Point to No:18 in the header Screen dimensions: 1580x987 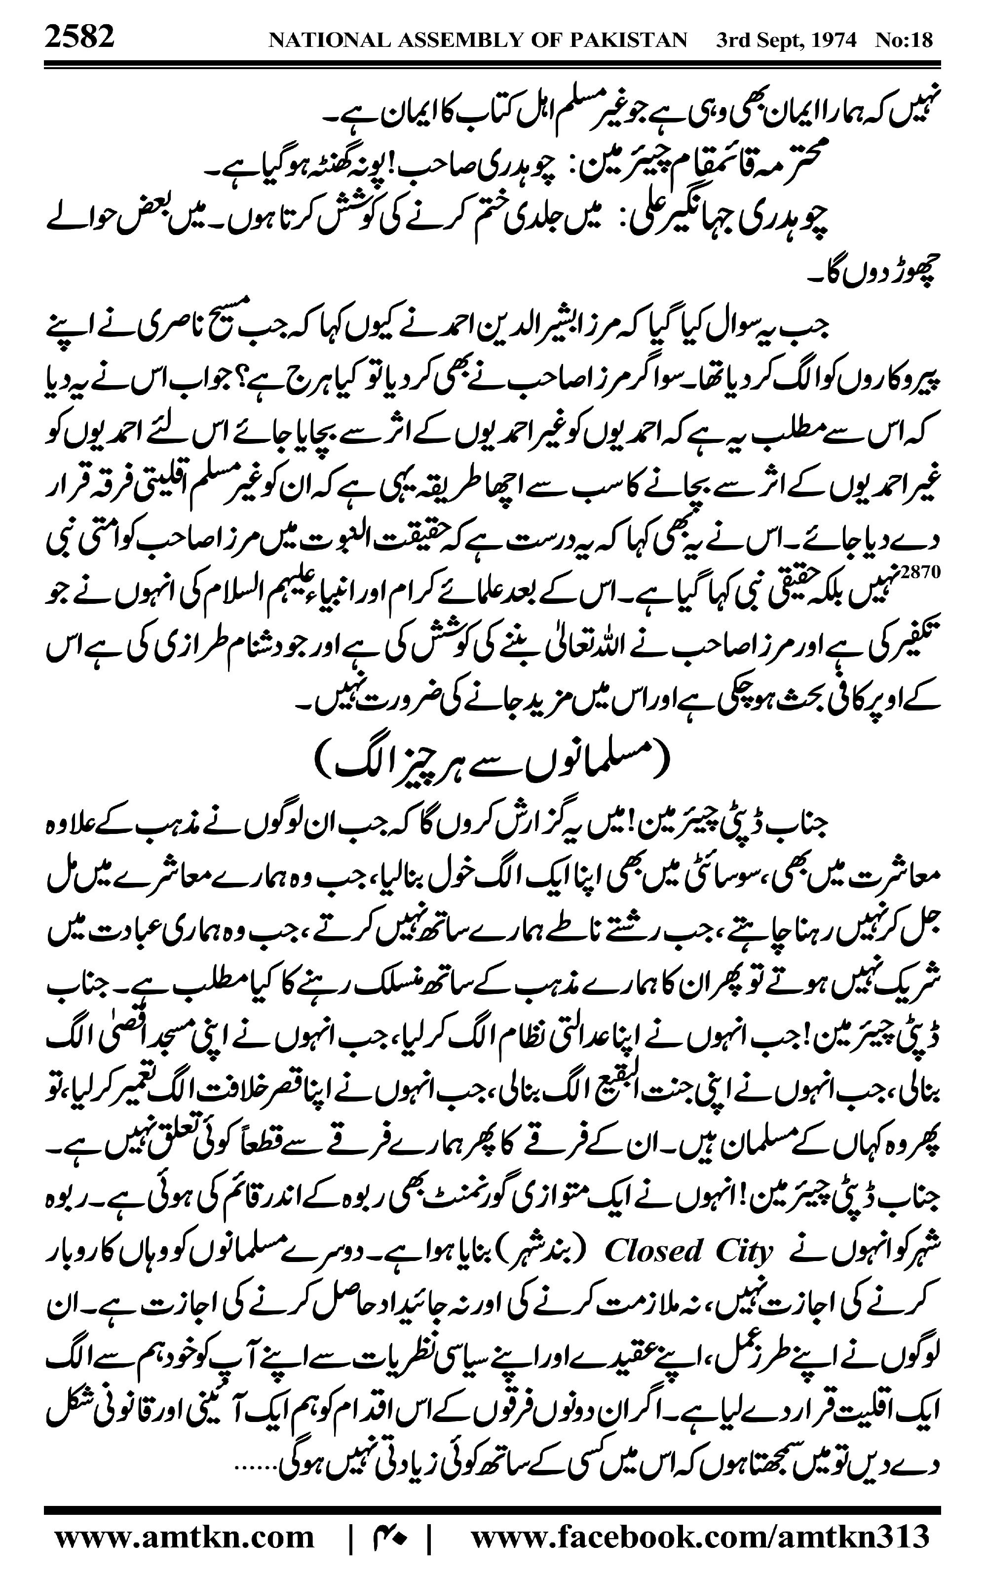tap(904, 40)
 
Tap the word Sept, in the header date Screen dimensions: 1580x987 tap(775, 40)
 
